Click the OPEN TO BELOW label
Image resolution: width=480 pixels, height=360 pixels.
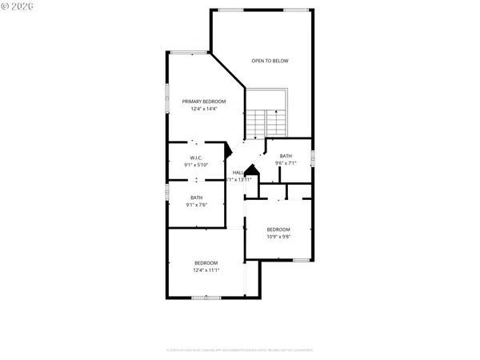click(270, 61)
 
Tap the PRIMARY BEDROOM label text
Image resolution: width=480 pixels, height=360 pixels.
click(204, 102)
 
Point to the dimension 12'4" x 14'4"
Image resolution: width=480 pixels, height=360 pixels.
click(204, 110)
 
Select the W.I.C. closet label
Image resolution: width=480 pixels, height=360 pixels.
click(196, 158)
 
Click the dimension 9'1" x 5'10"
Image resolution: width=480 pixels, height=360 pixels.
click(196, 165)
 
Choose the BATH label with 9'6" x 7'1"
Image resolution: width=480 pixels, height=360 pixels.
click(286, 156)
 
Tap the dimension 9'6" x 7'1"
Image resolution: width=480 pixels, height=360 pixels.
click(286, 163)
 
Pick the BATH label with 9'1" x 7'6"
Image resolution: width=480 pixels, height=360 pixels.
click(196, 198)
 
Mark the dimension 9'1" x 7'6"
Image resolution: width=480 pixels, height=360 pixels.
click(196, 205)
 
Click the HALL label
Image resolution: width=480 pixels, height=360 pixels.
click(238, 173)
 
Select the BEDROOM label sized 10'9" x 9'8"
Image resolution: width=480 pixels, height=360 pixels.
click(278, 229)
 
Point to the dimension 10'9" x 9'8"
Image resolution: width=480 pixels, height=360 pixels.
click(278, 236)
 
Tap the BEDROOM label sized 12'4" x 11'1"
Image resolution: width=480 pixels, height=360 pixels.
click(206, 263)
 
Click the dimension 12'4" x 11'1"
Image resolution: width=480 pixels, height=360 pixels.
click(206, 270)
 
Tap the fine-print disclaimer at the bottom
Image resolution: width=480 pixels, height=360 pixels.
click(240, 350)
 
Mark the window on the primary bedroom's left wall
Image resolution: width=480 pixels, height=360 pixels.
click(166, 97)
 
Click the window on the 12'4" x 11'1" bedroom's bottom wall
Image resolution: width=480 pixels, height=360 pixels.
click(206, 298)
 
